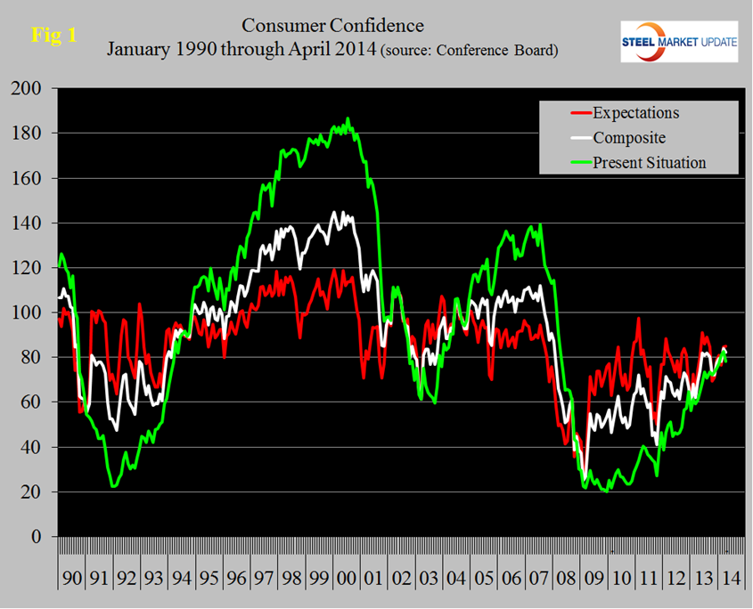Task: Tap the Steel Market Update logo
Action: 679,42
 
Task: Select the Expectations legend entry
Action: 635,113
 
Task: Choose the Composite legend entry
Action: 630,138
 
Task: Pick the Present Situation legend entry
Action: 649,162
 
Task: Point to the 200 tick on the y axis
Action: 29,89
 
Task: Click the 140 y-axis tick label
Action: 29,223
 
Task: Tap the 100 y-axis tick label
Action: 29,313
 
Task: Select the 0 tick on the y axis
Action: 37,537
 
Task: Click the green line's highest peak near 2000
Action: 348,118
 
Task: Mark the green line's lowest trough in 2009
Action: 607,491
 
